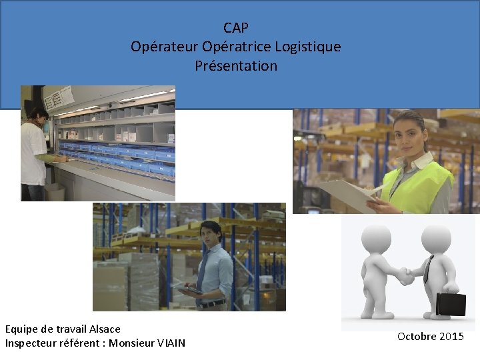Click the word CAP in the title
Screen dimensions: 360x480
tap(236, 27)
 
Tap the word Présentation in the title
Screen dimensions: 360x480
tap(236, 66)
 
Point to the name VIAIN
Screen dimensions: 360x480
tap(171, 343)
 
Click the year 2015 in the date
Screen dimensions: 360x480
tap(451, 336)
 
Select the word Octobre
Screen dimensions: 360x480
tap(417, 336)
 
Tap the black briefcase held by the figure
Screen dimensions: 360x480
tap(451, 303)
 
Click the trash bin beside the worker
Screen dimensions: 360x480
tap(55, 192)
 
